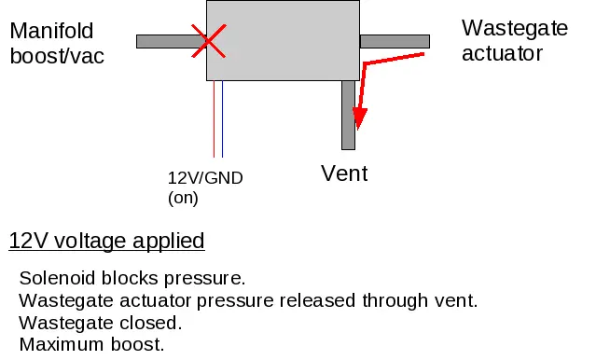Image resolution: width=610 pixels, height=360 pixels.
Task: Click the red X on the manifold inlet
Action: (x=209, y=41)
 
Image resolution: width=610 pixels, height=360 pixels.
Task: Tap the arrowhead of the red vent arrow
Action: (x=359, y=118)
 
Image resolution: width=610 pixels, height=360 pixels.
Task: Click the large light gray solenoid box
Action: (x=283, y=40)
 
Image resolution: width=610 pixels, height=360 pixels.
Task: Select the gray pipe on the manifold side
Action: (x=172, y=41)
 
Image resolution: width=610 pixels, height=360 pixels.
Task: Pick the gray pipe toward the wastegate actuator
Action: (x=395, y=41)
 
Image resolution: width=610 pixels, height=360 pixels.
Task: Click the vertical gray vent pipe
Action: (x=348, y=115)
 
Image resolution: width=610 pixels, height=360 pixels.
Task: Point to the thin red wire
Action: (x=214, y=118)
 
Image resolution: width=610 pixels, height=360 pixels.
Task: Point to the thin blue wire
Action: (x=223, y=118)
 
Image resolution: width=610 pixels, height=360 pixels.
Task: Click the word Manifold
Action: (x=51, y=31)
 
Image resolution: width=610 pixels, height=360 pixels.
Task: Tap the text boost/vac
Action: (x=57, y=56)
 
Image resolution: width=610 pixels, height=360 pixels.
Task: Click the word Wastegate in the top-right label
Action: (x=515, y=29)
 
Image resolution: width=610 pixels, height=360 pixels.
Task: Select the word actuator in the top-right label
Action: (x=502, y=53)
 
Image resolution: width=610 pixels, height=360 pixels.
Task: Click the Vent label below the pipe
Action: (x=344, y=173)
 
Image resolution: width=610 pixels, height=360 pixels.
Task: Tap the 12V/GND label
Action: (x=205, y=178)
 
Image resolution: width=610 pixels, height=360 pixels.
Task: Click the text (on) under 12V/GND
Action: (x=183, y=198)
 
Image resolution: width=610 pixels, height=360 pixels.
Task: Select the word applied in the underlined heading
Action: (x=169, y=242)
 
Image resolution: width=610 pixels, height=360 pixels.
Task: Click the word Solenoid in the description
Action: (x=57, y=278)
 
